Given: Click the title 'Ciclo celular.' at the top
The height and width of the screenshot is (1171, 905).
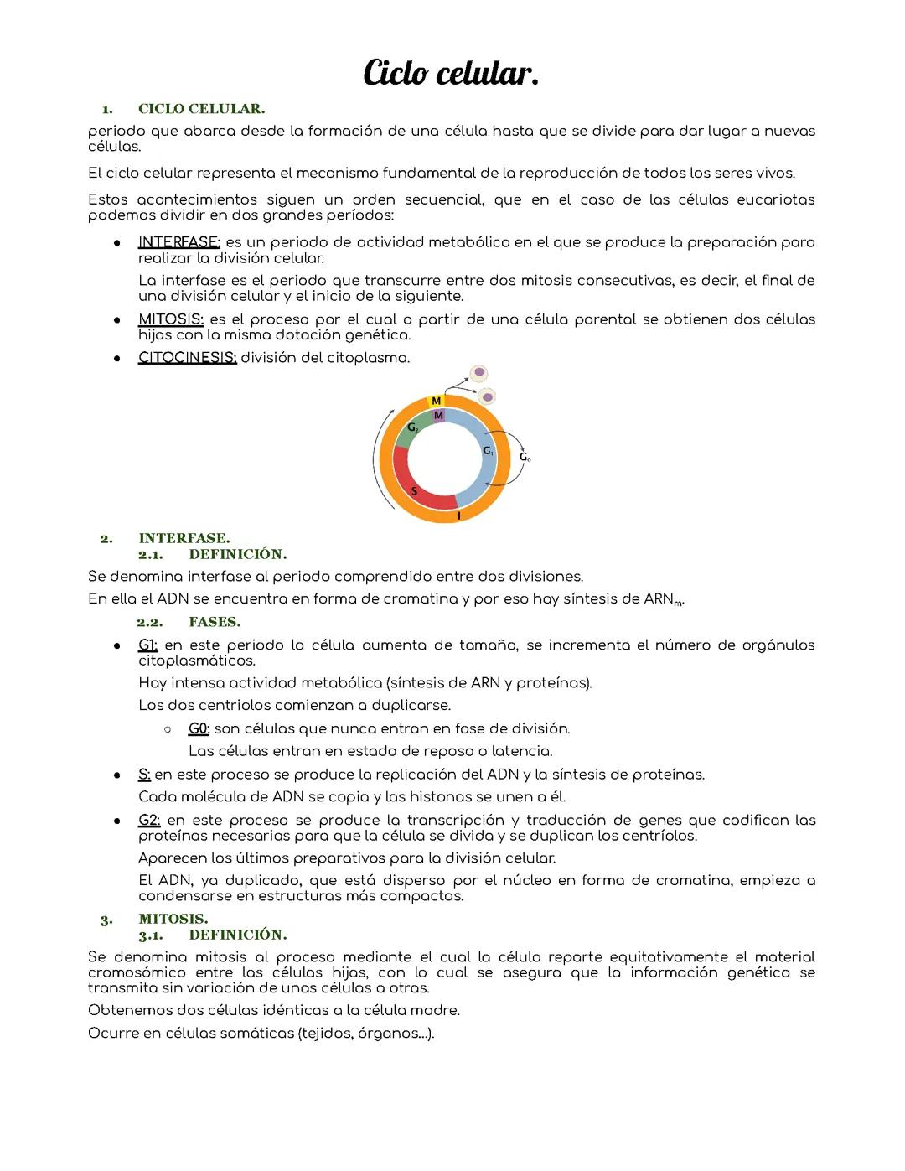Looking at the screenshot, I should (451, 74).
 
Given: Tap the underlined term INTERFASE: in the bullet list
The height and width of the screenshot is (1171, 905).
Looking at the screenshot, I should (178, 242).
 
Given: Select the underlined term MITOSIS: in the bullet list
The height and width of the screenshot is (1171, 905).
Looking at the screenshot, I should (171, 319).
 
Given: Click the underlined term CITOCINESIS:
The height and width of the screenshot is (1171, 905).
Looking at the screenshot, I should (187, 358).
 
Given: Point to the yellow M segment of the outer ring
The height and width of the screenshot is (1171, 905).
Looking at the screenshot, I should (436, 402).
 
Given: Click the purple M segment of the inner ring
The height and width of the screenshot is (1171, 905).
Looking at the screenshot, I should (438, 415).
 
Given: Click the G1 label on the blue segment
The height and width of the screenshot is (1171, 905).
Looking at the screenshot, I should (488, 451).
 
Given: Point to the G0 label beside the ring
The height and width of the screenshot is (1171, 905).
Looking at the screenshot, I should (525, 457).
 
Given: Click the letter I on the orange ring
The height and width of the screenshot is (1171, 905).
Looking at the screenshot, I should (458, 516).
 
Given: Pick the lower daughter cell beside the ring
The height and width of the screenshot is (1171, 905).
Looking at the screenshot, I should (486, 396).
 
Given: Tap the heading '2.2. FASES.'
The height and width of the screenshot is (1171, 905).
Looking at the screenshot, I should (189, 622).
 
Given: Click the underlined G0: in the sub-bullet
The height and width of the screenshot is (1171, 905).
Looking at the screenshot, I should (199, 728).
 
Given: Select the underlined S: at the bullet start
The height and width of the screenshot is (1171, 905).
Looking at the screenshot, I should (144, 774).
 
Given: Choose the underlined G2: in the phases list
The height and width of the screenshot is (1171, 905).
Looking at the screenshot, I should (149, 820).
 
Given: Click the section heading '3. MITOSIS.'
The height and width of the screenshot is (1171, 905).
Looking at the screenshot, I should (155, 919).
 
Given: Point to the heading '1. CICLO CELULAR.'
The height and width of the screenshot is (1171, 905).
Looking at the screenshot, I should (184, 109).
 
